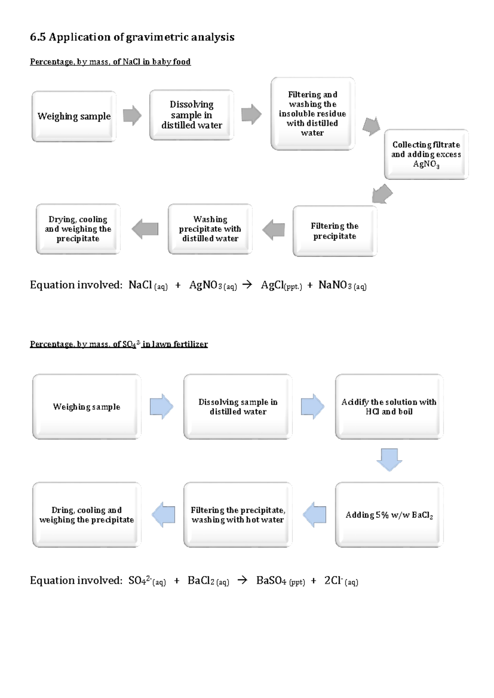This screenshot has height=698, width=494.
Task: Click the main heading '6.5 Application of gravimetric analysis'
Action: point(132,37)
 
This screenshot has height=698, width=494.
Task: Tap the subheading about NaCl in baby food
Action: point(110,62)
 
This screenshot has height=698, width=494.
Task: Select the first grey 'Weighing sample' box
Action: point(74,116)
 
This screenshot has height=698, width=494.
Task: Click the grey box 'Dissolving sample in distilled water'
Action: point(191,115)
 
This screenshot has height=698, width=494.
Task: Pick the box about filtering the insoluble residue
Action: point(312,114)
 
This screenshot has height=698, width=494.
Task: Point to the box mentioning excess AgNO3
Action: point(426,154)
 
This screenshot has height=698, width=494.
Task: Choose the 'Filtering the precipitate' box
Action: point(335,231)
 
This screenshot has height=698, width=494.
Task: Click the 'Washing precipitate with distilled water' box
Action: point(210,229)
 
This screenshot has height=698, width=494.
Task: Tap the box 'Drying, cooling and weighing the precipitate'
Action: point(78,229)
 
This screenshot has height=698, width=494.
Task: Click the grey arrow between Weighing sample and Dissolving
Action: point(132,115)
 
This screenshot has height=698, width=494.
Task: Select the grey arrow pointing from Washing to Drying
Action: point(145,229)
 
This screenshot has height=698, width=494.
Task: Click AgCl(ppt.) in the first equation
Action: point(281,285)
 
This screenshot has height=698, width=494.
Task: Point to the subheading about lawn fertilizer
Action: point(119,344)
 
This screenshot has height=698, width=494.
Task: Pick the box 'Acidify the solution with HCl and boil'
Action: point(389,407)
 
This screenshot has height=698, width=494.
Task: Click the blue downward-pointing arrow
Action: point(389,459)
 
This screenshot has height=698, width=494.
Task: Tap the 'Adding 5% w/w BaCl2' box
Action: point(389,515)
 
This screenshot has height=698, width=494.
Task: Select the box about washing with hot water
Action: point(238,515)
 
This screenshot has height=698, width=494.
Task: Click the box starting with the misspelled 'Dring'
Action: point(86,515)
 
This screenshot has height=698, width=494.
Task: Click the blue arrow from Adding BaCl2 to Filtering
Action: point(315,514)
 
